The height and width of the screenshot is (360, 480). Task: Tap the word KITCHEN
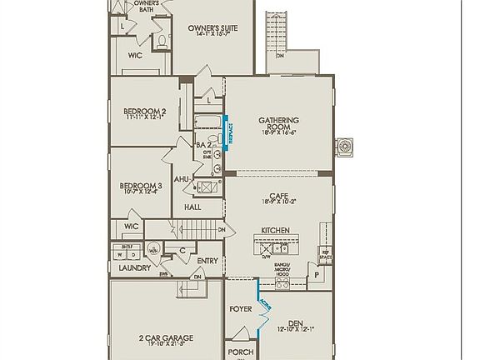coord(275,229)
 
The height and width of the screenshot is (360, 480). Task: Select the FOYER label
coord(241,309)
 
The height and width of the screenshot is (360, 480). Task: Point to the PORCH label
coord(241,352)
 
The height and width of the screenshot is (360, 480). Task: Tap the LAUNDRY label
coord(134,268)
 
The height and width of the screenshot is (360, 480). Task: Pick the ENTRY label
coord(207,260)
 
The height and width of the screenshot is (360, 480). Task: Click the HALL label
coord(192,207)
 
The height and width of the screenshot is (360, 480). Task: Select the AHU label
coord(182,179)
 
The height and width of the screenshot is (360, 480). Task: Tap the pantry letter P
coord(317,273)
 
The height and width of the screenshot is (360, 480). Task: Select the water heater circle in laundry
coord(153,249)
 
